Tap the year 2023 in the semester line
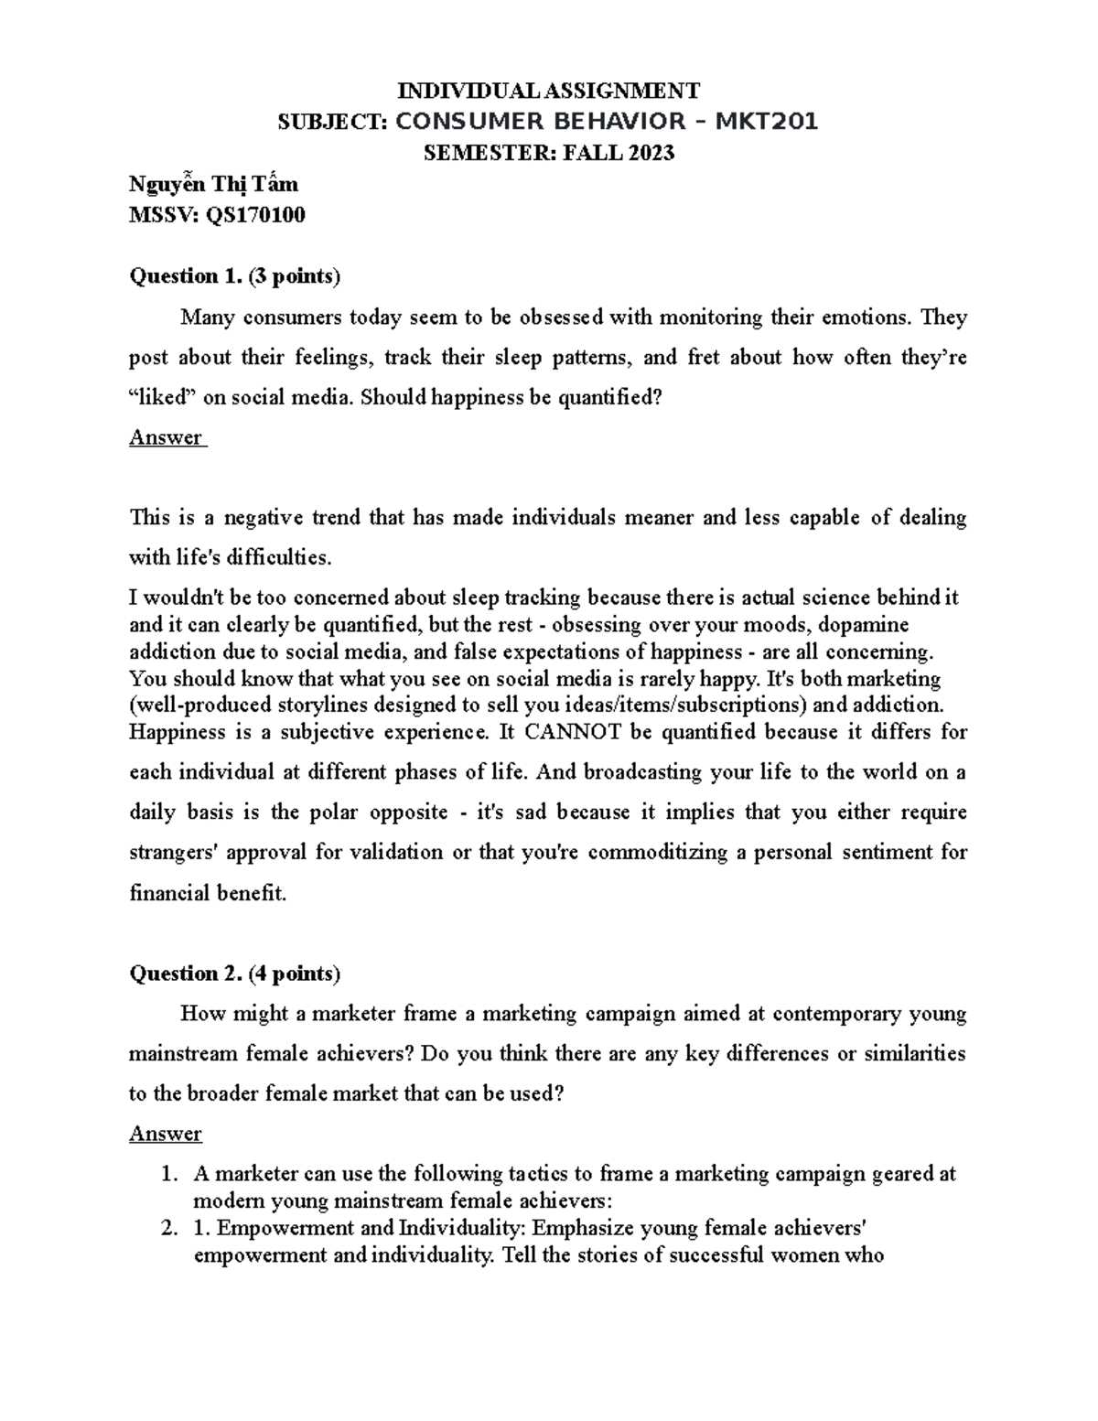point(650,153)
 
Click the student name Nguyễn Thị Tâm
point(214,184)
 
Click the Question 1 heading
point(235,275)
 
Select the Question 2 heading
point(235,974)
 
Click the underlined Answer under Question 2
point(166,1134)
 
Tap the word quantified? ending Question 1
point(603,397)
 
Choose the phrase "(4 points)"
point(295,974)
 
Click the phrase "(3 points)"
point(295,275)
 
